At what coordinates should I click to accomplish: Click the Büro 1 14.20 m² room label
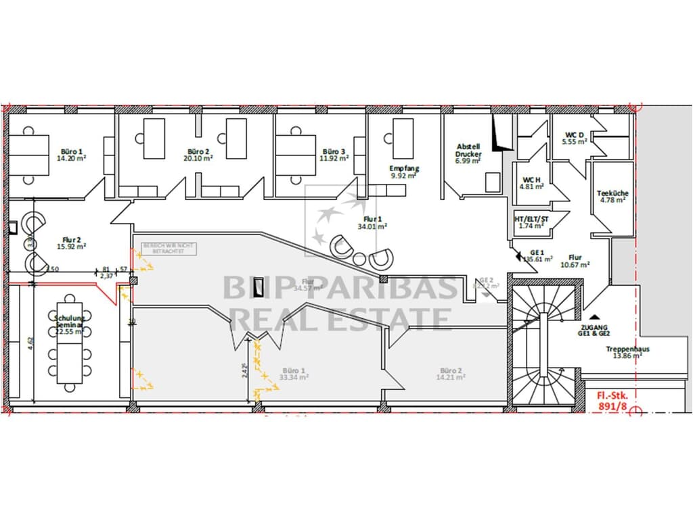click(72, 155)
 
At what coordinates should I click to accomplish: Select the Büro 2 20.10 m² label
click(198, 155)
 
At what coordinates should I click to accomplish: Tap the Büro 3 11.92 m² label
click(334, 155)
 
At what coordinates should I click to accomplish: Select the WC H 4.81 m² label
click(531, 183)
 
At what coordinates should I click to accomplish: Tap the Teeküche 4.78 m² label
click(612, 197)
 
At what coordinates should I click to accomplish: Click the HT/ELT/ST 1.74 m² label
click(531, 222)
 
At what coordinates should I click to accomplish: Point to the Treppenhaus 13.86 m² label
click(627, 352)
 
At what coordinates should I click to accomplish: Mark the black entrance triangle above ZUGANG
click(594, 316)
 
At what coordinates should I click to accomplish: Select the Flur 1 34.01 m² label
click(372, 223)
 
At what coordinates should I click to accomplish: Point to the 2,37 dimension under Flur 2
click(106, 276)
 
